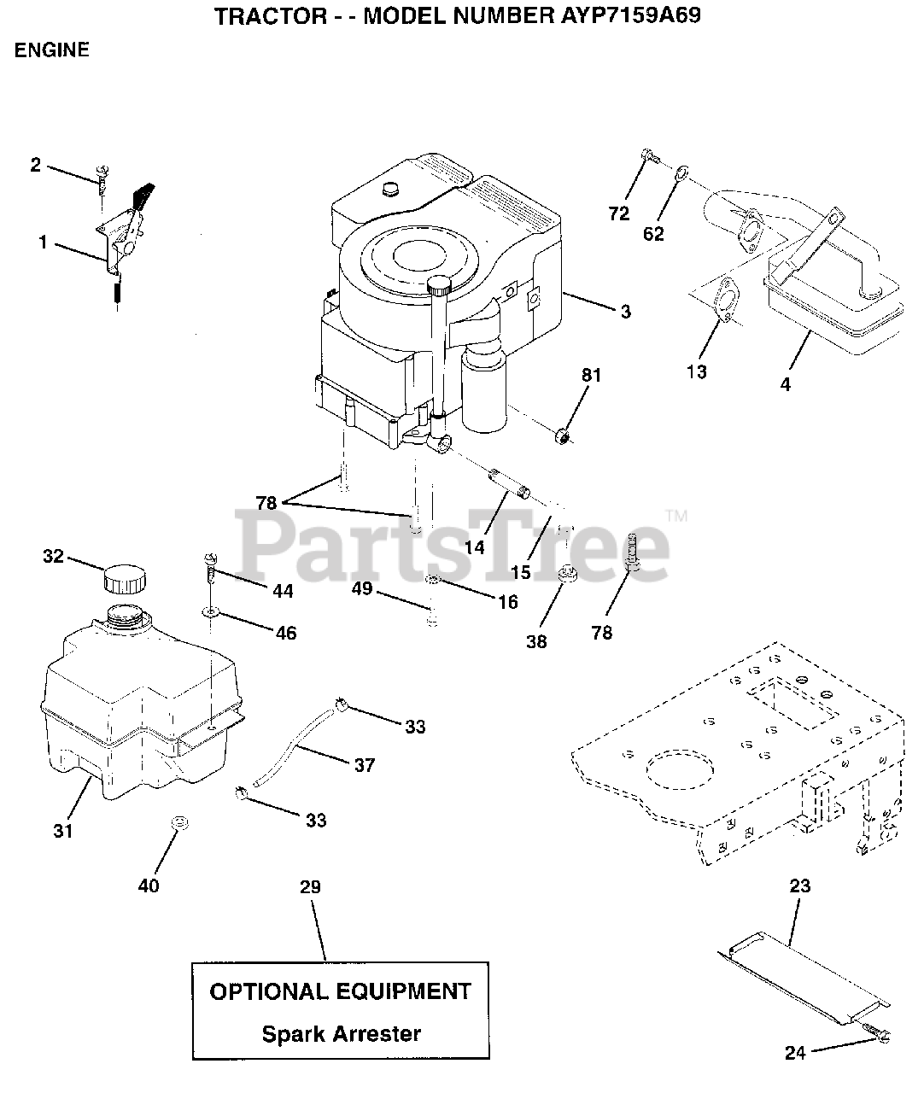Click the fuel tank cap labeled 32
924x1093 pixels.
pos(124,580)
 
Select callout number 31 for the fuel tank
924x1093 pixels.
pos(63,829)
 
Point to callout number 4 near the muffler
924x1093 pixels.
pos(786,384)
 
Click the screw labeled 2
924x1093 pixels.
pos(102,178)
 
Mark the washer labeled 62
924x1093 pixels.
pos(681,175)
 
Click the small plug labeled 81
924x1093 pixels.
pos(561,438)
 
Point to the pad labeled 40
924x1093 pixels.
pos(178,823)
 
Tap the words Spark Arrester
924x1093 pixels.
pos(341,1034)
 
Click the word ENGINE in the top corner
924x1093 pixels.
pos(51,50)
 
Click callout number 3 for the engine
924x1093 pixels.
pos(626,312)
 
